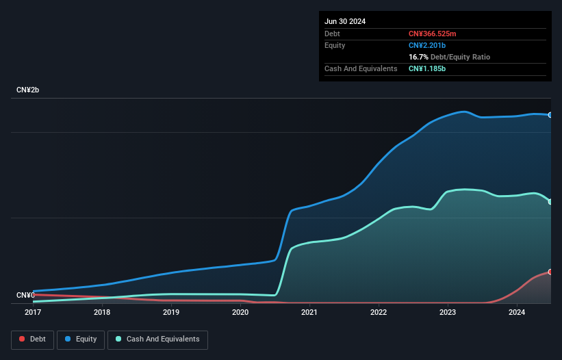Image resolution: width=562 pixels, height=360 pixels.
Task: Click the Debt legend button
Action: pyautogui.click(x=33, y=339)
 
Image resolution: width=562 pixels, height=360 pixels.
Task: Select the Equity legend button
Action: pyautogui.click(x=80, y=339)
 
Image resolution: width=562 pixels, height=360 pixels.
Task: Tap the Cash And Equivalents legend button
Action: pyautogui.click(x=157, y=339)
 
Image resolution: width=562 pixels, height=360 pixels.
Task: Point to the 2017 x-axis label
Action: pyautogui.click(x=33, y=312)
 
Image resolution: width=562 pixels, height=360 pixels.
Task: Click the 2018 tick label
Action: pyautogui.click(x=102, y=312)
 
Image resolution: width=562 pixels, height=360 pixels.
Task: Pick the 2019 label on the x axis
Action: pyautogui.click(x=171, y=312)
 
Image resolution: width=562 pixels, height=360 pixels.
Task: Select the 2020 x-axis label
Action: pyautogui.click(x=240, y=312)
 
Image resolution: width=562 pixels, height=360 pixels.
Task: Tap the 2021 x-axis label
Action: pyautogui.click(x=309, y=312)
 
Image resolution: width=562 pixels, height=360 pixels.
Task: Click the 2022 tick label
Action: pyautogui.click(x=379, y=312)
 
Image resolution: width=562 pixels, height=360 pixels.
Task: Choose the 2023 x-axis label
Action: pyautogui.click(x=448, y=312)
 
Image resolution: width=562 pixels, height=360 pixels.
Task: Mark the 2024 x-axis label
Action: pyautogui.click(x=517, y=312)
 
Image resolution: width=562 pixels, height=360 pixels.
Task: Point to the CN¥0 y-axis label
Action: pyautogui.click(x=25, y=295)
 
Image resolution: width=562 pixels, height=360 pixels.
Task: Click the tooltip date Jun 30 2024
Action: pyautogui.click(x=345, y=21)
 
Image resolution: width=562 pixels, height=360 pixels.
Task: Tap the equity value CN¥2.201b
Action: pyautogui.click(x=428, y=45)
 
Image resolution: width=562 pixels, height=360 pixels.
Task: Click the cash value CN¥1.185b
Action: pyautogui.click(x=428, y=68)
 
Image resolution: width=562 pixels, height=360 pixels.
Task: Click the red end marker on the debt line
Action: pyautogui.click(x=550, y=272)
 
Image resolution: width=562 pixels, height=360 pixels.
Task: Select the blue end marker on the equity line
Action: pyautogui.click(x=550, y=115)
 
